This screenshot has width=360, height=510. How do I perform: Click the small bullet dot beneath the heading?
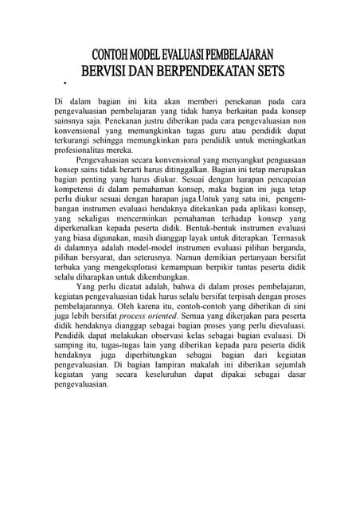(63, 82)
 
